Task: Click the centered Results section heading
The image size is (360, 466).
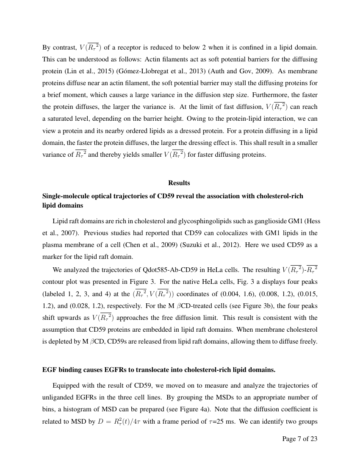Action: click(x=179, y=183)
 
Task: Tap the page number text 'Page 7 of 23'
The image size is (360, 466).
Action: click(x=299, y=438)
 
